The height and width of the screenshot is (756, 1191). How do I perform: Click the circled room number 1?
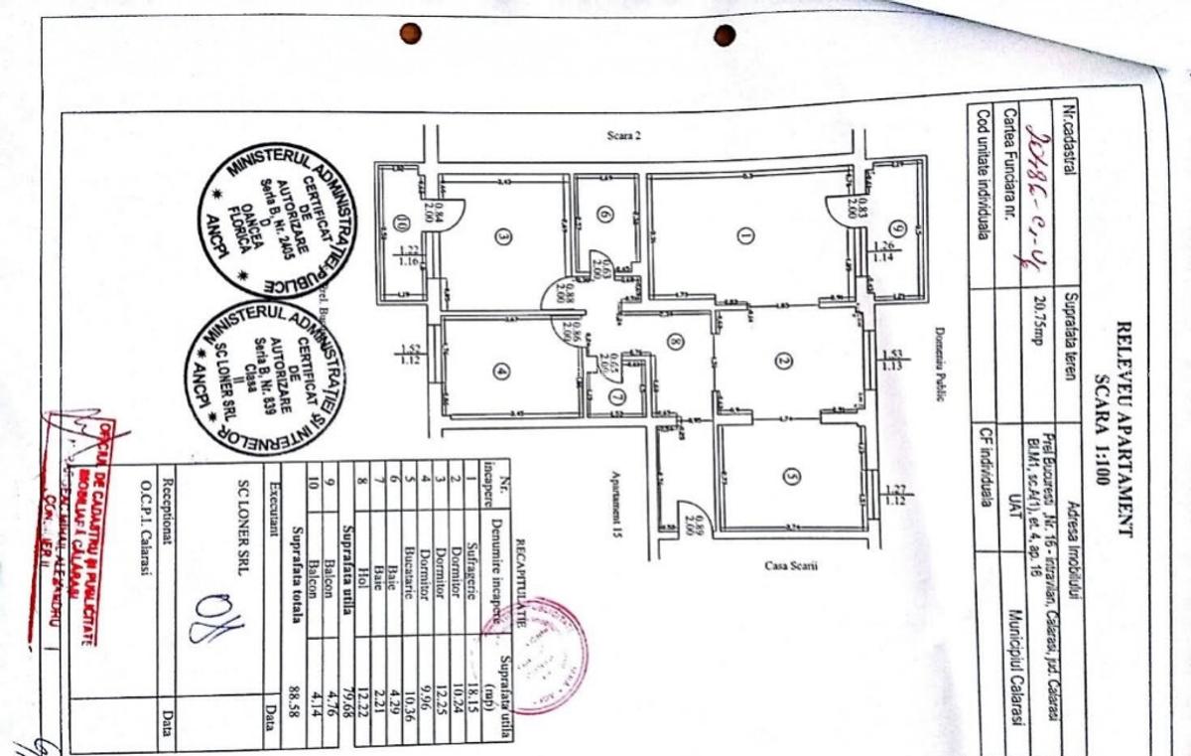744,235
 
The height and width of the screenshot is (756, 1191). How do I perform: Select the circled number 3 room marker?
503,236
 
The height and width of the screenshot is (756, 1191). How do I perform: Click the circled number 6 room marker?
604,214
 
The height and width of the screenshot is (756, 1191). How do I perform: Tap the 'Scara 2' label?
624,136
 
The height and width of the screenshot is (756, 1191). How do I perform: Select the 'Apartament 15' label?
616,497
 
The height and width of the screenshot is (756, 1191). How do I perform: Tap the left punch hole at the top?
410,34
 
